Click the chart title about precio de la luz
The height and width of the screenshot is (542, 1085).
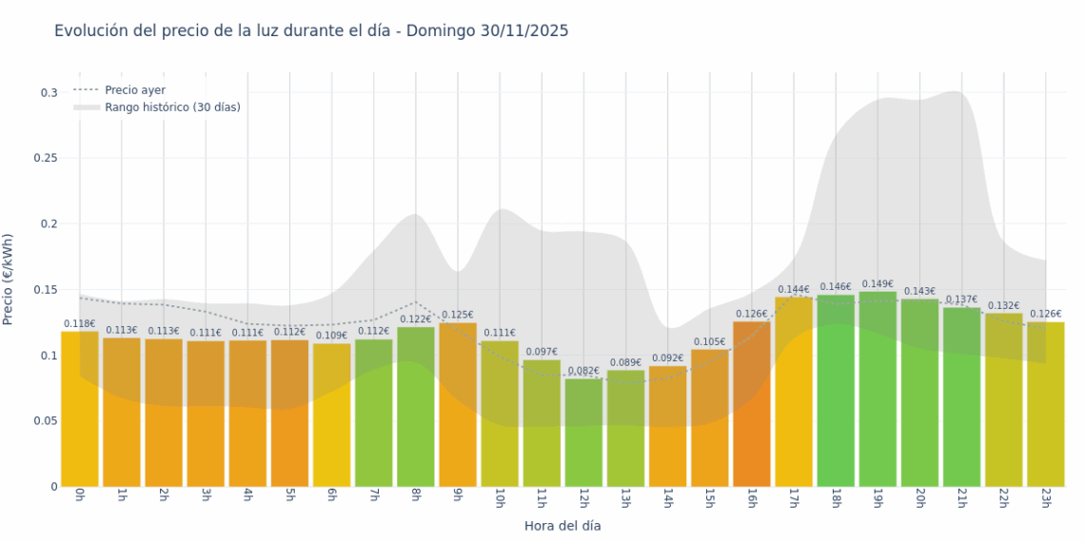pyautogui.click(x=311, y=31)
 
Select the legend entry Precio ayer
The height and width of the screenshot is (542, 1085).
pyautogui.click(x=134, y=90)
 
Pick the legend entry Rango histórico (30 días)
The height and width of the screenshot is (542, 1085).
pyautogui.click(x=171, y=107)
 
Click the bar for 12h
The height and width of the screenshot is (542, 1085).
pyautogui.click(x=583, y=433)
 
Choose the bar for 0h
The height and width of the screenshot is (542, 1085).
pyautogui.click(x=80, y=409)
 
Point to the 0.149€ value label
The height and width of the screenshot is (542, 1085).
pyautogui.click(x=878, y=283)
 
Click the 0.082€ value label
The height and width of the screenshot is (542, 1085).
pyautogui.click(x=583, y=371)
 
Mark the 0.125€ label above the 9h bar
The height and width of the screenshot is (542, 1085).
pyautogui.click(x=458, y=315)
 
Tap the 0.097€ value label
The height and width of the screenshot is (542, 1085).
pyautogui.click(x=542, y=352)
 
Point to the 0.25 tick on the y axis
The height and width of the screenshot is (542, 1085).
pyautogui.click(x=46, y=159)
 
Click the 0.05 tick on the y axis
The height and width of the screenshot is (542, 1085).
pyautogui.click(x=46, y=421)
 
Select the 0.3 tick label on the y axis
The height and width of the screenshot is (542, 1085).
pyautogui.click(x=49, y=93)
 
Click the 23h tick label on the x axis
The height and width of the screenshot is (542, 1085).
pyautogui.click(x=1045, y=498)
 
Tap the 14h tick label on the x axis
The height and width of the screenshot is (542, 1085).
pyautogui.click(x=667, y=498)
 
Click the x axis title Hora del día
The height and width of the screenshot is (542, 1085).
pyautogui.click(x=562, y=526)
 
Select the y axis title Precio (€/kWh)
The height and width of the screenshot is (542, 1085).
pyautogui.click(x=9, y=280)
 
